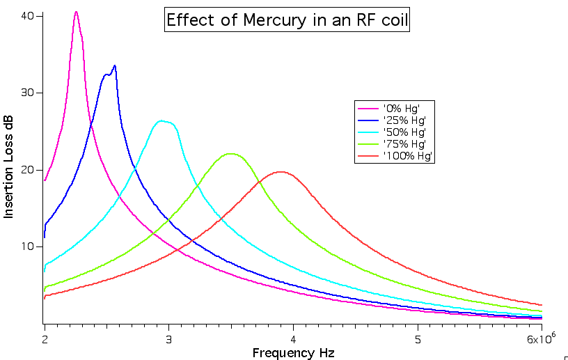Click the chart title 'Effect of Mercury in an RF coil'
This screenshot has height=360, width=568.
287,19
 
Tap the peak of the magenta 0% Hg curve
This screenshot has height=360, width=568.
76,12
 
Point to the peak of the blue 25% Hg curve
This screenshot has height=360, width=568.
114,65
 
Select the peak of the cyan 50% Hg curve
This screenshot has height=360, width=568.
161,120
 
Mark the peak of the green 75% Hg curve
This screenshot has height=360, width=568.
230,154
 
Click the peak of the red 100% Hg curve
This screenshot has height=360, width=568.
281,172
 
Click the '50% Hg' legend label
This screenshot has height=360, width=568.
404,132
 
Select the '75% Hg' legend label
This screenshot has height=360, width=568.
404,144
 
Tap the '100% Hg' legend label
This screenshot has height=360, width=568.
407,156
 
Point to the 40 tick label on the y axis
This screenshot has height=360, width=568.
27,16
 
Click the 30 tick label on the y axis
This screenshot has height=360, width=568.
27,93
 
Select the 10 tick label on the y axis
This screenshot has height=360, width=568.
27,247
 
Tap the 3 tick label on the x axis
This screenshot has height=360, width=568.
169,340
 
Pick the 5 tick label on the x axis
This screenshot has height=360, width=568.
418,340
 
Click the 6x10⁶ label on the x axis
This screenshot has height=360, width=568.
542,338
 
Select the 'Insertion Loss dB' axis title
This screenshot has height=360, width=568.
8,166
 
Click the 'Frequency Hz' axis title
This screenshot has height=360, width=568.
294,353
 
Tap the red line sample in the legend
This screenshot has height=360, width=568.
368,156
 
